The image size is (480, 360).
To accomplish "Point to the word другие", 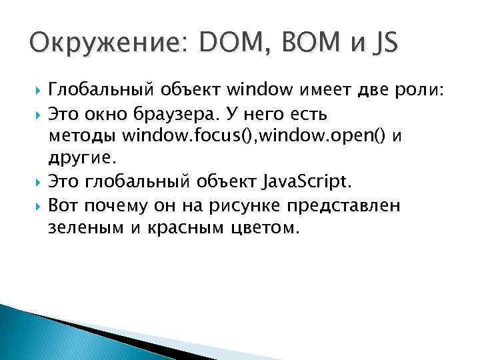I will click(x=82, y=158).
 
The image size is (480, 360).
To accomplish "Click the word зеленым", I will click(x=81, y=228).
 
